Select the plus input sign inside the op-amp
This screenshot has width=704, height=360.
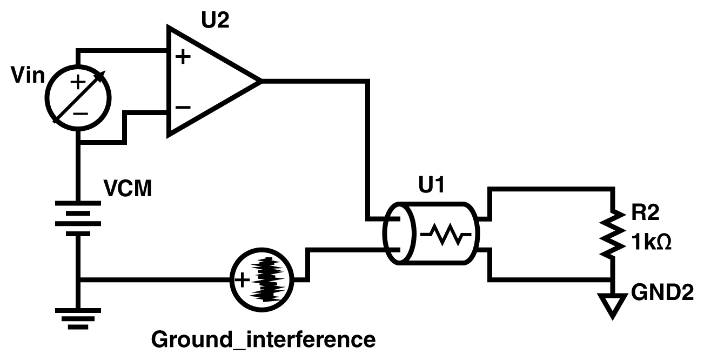(183, 56)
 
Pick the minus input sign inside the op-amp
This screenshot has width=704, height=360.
(183, 106)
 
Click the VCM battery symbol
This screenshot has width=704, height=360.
(79, 219)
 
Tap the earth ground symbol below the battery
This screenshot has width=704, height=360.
(79, 319)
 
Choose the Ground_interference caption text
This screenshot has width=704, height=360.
(263, 341)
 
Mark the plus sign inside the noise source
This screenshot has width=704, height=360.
(241, 279)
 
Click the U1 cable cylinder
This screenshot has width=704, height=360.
(432, 234)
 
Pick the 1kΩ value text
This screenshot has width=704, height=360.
(651, 244)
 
